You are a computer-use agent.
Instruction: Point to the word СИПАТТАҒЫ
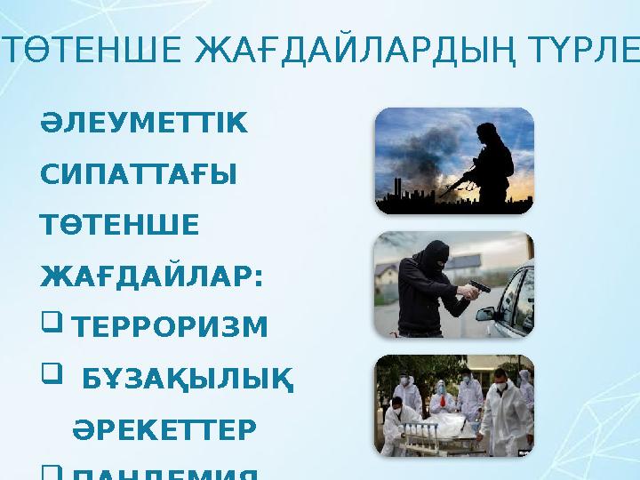point(139,177)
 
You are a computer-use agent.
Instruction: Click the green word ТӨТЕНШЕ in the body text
point(120,226)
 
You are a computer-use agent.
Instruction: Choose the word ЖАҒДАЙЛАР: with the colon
point(152,276)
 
